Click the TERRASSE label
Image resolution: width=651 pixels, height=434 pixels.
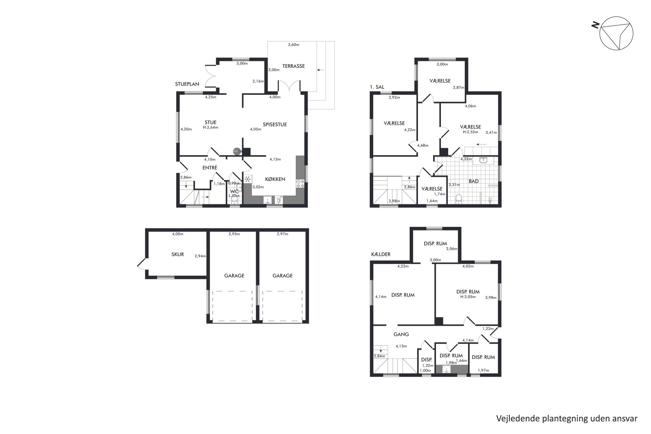(293, 66)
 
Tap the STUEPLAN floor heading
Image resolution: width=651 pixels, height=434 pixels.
(187, 84)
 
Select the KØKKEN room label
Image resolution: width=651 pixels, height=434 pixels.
(275, 179)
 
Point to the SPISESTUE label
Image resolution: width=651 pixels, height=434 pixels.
(275, 124)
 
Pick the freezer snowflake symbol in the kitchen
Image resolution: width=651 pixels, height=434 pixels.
(248, 179)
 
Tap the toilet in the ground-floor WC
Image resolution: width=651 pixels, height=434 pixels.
(234, 199)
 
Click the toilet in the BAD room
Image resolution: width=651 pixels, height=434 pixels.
(459, 199)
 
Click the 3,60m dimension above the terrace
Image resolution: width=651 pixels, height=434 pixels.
(293, 45)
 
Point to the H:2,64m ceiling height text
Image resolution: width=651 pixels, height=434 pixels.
(210, 128)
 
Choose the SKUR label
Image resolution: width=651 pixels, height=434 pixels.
(178, 254)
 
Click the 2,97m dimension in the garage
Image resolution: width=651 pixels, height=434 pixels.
(282, 234)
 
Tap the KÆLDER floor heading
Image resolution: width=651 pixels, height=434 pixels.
(381, 254)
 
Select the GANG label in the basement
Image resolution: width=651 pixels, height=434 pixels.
(401, 334)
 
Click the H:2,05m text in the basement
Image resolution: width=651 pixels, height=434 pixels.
(468, 297)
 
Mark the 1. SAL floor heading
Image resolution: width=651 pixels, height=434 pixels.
(377, 87)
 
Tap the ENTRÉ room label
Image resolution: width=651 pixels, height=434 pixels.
(210, 168)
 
